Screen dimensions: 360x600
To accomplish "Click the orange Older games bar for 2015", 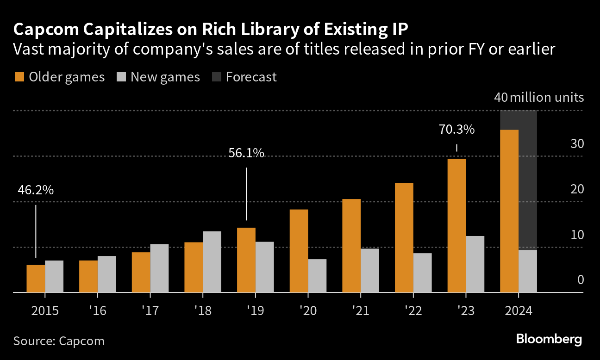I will pyautogui.click(x=36, y=279).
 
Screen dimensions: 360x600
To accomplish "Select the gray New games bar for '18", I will pyautogui.click(x=212, y=262).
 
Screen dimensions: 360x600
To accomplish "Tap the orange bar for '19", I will pyautogui.click(x=246, y=260).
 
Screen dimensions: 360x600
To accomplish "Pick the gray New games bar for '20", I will pyautogui.click(x=317, y=276).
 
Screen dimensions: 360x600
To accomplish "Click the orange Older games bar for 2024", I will pyautogui.click(x=509, y=211).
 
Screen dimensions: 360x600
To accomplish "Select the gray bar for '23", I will pyautogui.click(x=475, y=264).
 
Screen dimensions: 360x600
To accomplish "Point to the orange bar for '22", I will pyautogui.click(x=404, y=238).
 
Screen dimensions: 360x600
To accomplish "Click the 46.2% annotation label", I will pyautogui.click(x=36, y=190).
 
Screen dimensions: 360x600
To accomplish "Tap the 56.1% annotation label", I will pyautogui.click(x=246, y=153).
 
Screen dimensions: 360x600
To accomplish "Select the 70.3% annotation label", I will pyautogui.click(x=456, y=130).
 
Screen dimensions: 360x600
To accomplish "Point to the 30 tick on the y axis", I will pyautogui.click(x=577, y=144).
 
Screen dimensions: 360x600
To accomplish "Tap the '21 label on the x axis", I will pyautogui.click(x=360, y=310).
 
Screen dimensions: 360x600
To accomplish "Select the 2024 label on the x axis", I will pyautogui.click(x=518, y=310).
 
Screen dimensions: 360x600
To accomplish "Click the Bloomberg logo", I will pyautogui.click(x=549, y=339).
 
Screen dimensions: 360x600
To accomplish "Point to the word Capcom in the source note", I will pyautogui.click(x=81, y=341).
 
